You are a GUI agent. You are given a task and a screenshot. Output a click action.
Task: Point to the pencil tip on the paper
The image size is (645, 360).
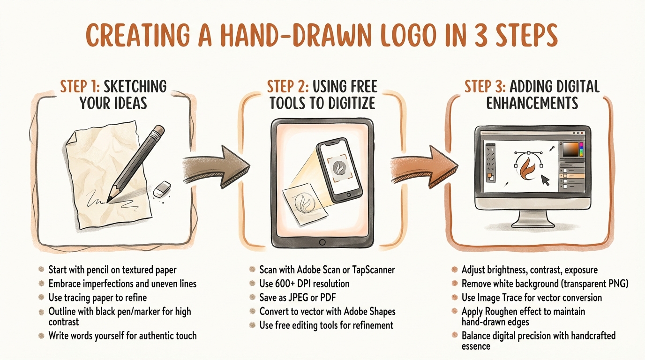pos(110,200)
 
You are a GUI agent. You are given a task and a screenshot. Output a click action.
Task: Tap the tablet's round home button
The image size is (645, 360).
pos(322,242)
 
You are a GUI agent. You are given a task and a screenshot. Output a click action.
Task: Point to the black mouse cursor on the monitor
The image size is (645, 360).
pos(545,180)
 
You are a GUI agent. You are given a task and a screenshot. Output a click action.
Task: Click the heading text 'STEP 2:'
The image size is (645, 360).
pos(286,87)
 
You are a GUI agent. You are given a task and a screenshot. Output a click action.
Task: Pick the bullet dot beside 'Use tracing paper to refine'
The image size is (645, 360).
pos(42,297)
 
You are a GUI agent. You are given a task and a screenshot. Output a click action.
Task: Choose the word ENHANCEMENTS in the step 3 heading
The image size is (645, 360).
pos(532,103)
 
